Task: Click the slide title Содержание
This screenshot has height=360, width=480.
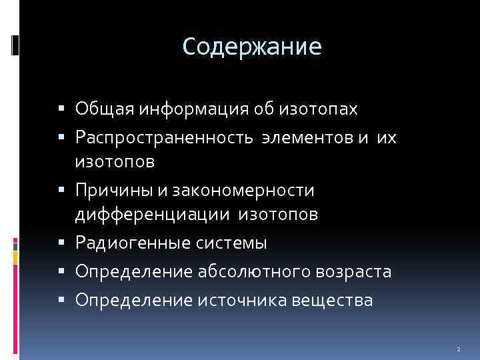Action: [x=252, y=47]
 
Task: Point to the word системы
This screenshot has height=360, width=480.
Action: [x=233, y=243]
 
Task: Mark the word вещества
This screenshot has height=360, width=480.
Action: [x=337, y=301]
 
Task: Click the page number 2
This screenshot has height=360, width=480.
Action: [x=459, y=349]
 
